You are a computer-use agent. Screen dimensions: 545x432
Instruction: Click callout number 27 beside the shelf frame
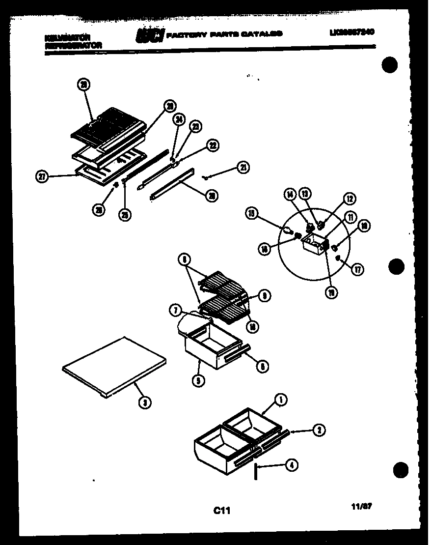43,177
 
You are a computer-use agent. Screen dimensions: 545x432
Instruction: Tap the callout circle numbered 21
243,168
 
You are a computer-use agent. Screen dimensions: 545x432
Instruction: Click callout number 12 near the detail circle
350,199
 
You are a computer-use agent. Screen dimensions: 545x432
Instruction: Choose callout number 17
358,269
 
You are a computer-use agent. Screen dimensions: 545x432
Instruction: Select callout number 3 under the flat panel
144,403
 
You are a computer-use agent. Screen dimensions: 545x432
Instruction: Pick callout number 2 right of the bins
319,430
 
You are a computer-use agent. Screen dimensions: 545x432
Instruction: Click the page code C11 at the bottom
221,511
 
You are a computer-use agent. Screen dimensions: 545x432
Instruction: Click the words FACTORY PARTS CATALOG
224,34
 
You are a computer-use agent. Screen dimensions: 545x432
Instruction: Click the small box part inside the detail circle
313,243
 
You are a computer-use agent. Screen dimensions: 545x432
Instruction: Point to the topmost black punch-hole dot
390,65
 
